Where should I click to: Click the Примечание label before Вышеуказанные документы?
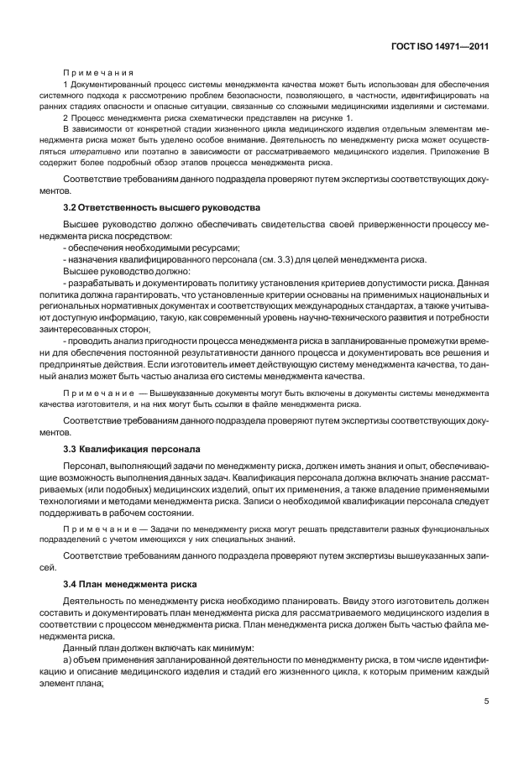101,393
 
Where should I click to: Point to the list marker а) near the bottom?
68,662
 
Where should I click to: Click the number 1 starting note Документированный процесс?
65,86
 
